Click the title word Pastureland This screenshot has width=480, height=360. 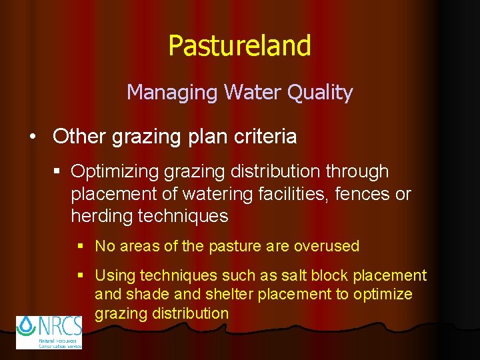(239, 46)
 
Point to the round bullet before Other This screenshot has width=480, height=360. (33, 137)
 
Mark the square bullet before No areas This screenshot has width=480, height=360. (81, 246)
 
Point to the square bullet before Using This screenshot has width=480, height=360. (81, 275)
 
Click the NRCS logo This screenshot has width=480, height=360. (49, 332)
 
